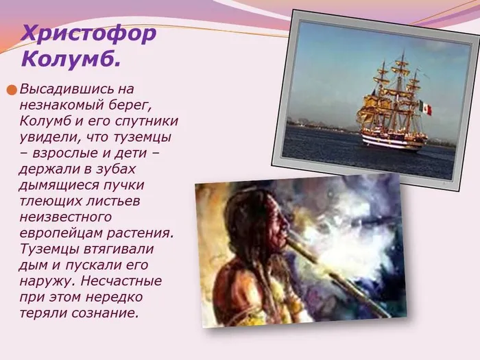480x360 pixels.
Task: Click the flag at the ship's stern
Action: (x=426, y=108)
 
